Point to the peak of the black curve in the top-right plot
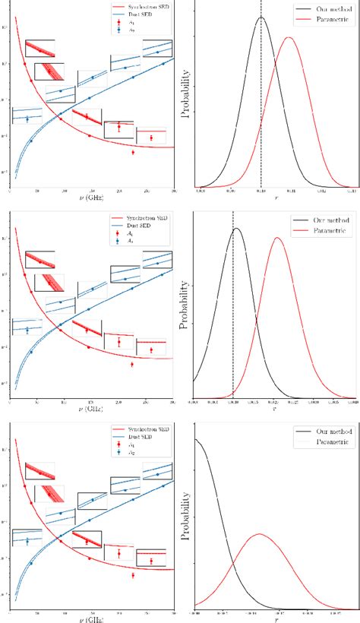261,17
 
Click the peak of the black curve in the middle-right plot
236,228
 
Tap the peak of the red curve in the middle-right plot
277,238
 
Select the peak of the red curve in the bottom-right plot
259,533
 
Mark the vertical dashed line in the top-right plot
261,114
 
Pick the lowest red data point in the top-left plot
133,152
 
